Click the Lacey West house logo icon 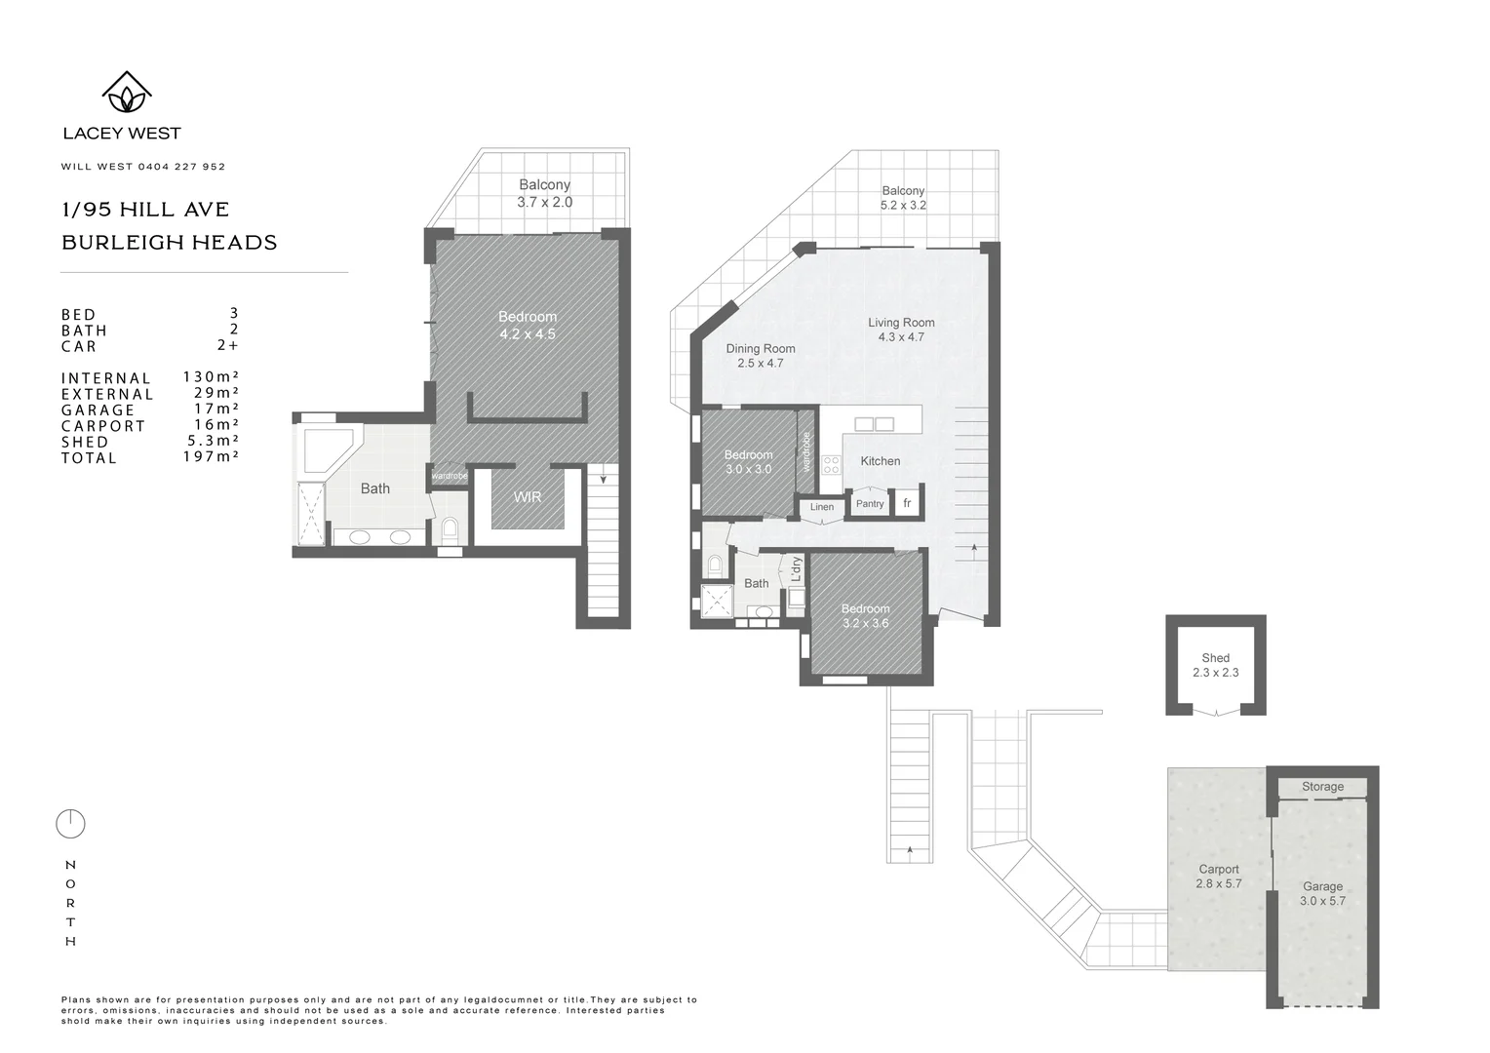[127, 93]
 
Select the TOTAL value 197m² [211, 456]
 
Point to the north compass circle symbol [70, 825]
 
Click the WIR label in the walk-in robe [528, 497]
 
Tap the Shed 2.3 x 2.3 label [1215, 665]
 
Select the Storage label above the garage [1322, 787]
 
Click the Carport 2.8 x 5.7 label [1219, 877]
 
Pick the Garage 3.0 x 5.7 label [1322, 893]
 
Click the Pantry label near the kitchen [870, 504]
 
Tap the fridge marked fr [907, 503]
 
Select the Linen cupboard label [822, 507]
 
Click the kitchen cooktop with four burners [831, 465]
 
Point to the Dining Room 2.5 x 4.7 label [761, 356]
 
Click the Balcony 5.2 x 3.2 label [903, 198]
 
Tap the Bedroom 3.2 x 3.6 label [865, 616]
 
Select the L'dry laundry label [797, 569]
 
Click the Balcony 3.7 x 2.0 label [544, 193]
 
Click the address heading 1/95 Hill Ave [145, 210]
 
